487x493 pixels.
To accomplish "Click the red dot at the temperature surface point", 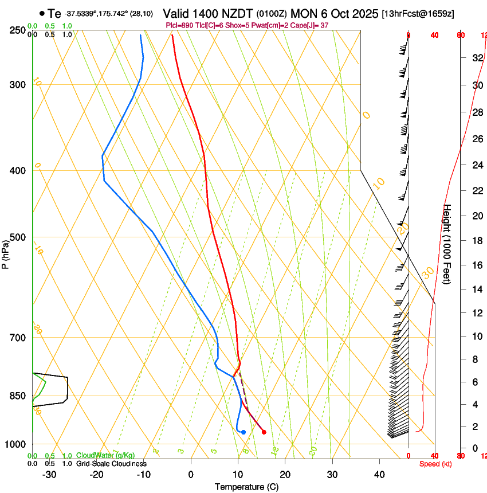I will [x=264, y=432].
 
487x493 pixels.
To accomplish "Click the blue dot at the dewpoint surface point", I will [x=244, y=432].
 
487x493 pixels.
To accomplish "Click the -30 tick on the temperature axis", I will [x=49, y=474].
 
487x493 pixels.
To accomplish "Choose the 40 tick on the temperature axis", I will [x=379, y=474].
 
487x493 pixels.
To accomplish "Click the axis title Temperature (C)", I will [x=246, y=487].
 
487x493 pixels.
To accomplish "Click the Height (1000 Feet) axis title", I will [x=447, y=243].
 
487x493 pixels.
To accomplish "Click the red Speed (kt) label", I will [x=435, y=464].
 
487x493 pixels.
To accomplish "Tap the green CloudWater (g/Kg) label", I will [x=101, y=456].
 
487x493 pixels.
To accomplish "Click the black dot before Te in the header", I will [x=42, y=13].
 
